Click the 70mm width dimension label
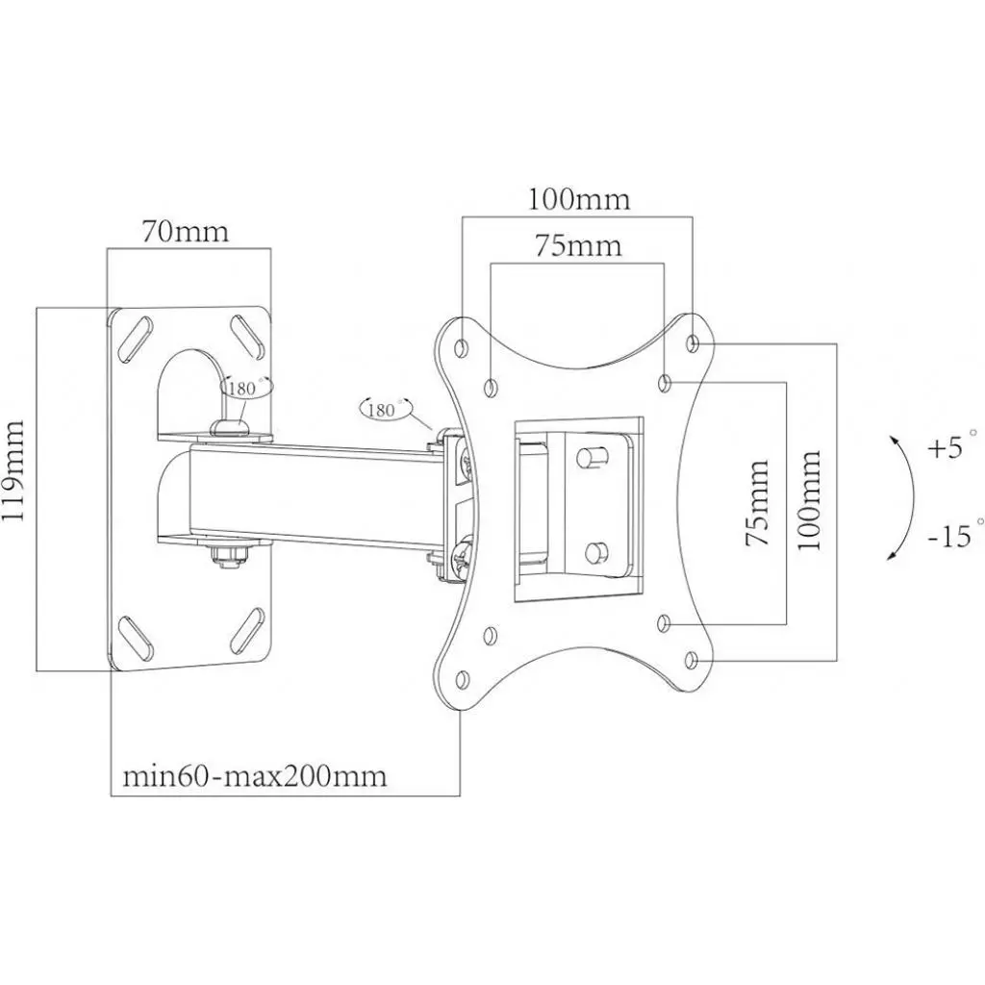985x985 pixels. click(186, 232)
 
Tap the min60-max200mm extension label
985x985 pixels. click(255, 775)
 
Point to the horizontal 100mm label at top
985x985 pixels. click(578, 199)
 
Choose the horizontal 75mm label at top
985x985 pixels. click(578, 246)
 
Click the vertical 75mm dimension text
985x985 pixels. click(759, 503)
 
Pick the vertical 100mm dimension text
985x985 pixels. click(810, 498)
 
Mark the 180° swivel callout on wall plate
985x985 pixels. click(246, 388)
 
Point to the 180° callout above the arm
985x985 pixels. click(383, 409)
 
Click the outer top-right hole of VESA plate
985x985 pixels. click(694, 341)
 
